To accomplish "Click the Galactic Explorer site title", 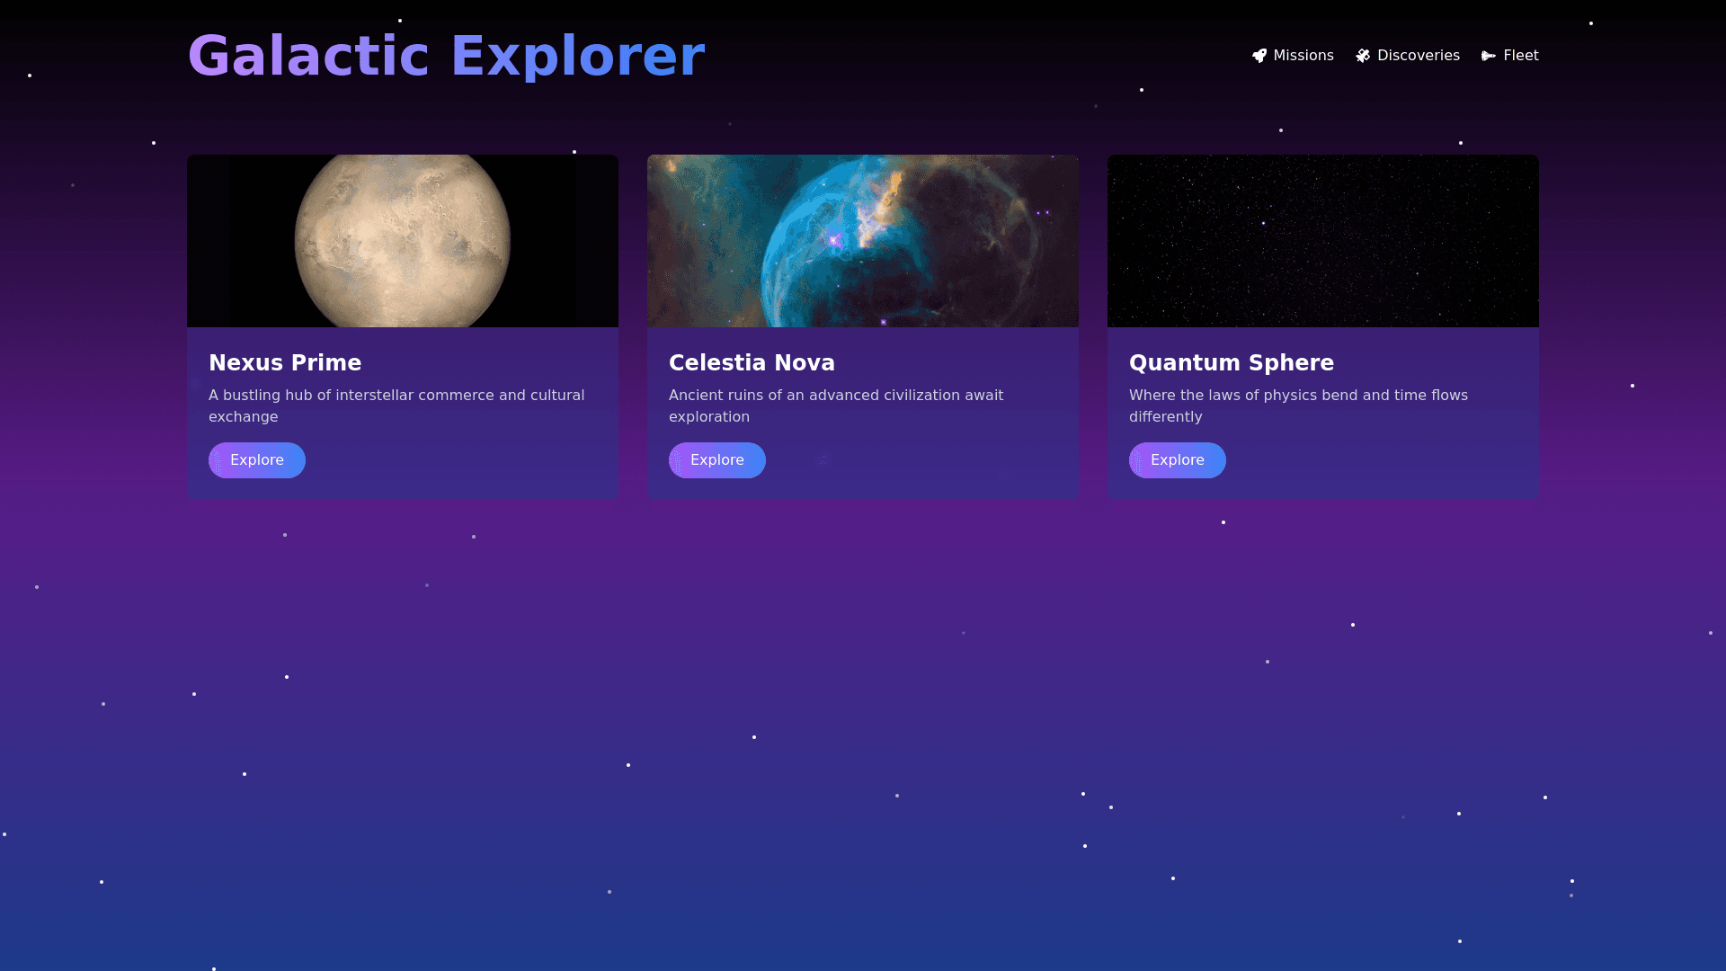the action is pyautogui.click(x=446, y=56).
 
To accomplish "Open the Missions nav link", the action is pyautogui.click(x=1293, y=56).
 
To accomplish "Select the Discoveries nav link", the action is pyautogui.click(x=1408, y=56).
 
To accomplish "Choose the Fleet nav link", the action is pyautogui.click(x=1510, y=56).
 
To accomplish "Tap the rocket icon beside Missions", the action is pyautogui.click(x=1259, y=56).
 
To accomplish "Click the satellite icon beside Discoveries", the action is pyautogui.click(x=1363, y=56).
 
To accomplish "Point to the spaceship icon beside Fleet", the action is pyautogui.click(x=1489, y=56).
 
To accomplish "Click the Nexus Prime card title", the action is pyautogui.click(x=285, y=362).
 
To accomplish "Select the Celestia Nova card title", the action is pyautogui.click(x=752, y=362).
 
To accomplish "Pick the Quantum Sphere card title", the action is pyautogui.click(x=1232, y=363).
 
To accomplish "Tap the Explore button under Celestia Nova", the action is pyautogui.click(x=717, y=460).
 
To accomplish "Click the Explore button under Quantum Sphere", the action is pyautogui.click(x=1178, y=460).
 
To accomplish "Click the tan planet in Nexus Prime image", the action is pyautogui.click(x=403, y=241).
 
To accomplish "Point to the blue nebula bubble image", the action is pyautogui.click(x=863, y=241).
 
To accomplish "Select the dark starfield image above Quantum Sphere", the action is pyautogui.click(x=1323, y=241).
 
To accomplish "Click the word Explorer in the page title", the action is pyautogui.click(x=578, y=56).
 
